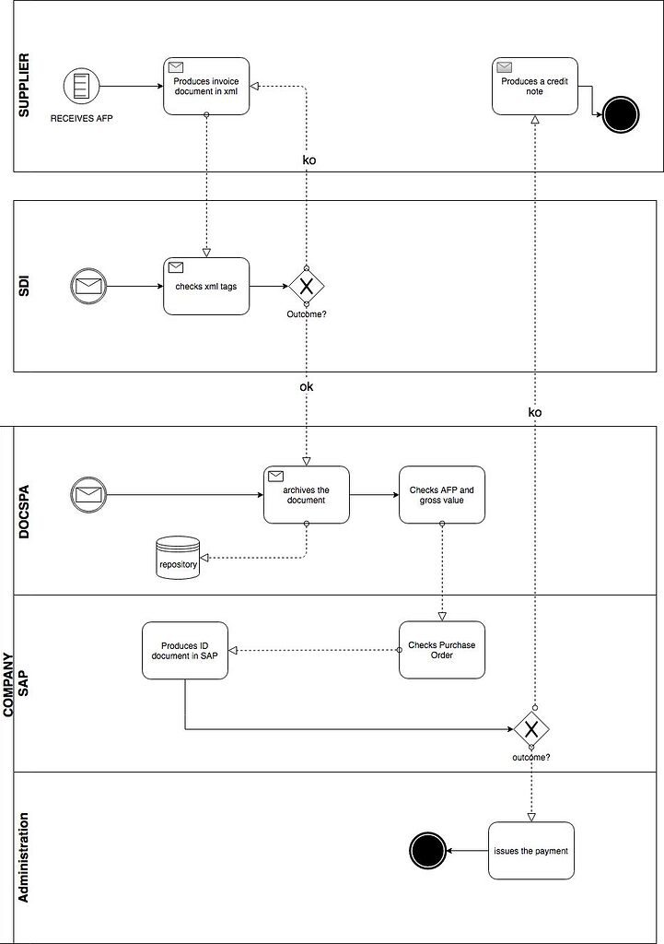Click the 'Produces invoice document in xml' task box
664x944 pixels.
206,86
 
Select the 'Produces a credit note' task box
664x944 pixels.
534,86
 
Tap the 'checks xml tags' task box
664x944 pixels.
206,286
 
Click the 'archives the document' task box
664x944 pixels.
306,495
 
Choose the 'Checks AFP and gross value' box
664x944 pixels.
442,495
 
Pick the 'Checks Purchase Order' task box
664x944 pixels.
442,650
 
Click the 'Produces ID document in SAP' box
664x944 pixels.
185,650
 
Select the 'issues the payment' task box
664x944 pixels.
530,850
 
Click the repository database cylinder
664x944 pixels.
178,560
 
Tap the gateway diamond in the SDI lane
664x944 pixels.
307,286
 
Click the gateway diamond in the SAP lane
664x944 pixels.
531,729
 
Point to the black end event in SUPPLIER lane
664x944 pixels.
621,115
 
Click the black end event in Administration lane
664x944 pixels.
426,851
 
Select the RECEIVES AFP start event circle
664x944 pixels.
81,88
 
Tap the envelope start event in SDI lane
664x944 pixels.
88,286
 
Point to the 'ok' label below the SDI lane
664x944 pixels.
307,387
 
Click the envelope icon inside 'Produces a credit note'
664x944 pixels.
504,67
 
